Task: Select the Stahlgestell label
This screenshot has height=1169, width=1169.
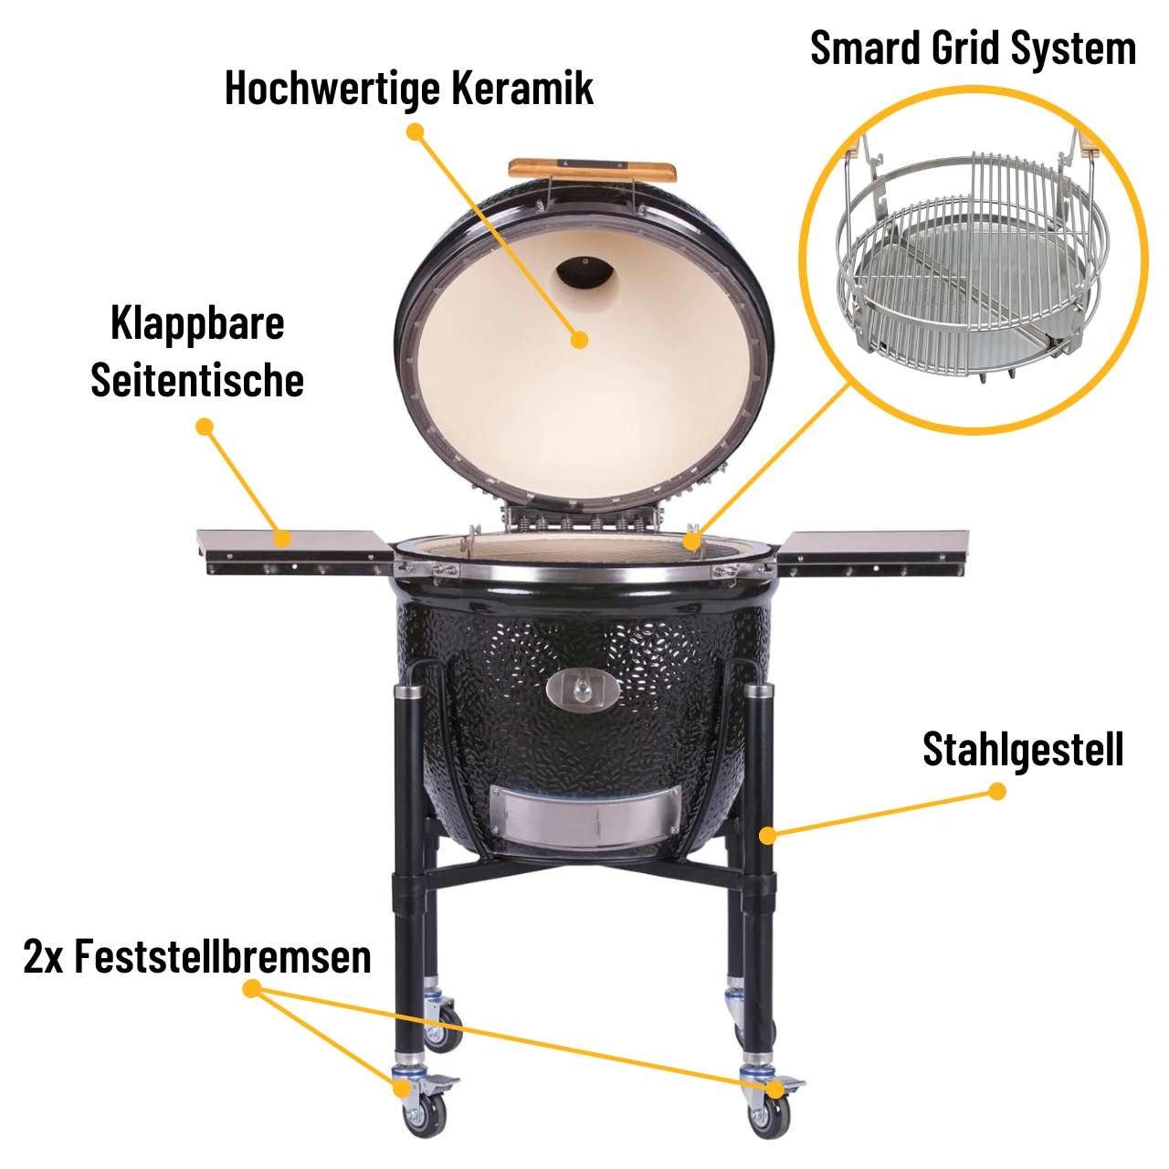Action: (x=1023, y=749)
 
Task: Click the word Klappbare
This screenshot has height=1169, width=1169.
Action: (x=197, y=323)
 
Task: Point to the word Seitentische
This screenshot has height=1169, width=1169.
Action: (x=197, y=380)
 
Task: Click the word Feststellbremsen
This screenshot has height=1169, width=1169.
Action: (x=223, y=957)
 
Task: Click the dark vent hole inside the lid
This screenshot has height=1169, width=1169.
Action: (x=584, y=272)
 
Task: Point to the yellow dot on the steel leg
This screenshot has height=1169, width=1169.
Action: (x=768, y=834)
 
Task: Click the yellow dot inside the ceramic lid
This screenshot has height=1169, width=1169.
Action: (x=578, y=340)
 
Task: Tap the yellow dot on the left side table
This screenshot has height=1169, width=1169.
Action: (x=284, y=538)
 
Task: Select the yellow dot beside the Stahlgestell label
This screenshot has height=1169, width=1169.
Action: (x=997, y=791)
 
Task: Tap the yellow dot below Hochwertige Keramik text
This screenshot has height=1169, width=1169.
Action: (x=416, y=132)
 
